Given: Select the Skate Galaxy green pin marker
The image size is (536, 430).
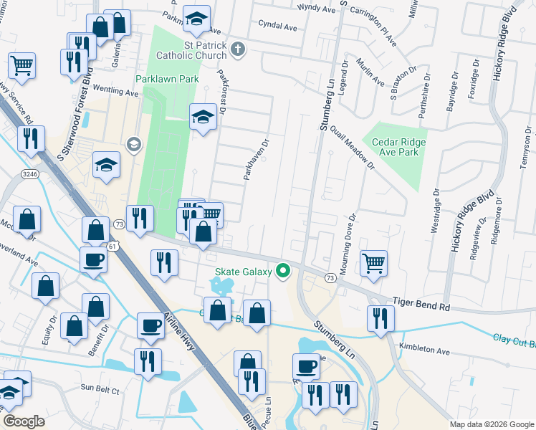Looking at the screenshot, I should point(283,271).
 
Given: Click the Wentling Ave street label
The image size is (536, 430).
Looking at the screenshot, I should point(115,92).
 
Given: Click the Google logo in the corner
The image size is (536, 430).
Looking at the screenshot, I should point(24,421).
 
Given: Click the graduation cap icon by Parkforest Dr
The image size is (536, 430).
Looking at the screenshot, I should point(203,116).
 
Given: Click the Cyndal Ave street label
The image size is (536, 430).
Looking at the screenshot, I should point(278,26).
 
